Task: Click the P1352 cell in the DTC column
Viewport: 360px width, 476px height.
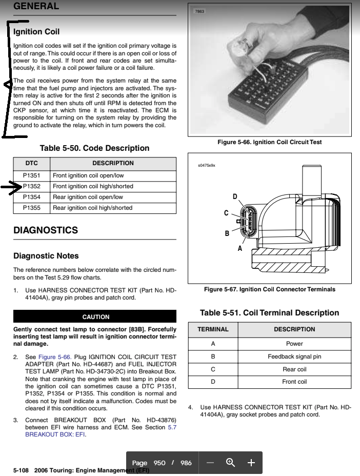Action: [x=31, y=186]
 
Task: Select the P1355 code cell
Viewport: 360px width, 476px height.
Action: [x=31, y=208]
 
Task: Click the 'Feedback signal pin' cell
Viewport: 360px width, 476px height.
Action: [x=294, y=356]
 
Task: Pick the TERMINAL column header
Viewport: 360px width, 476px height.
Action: [x=213, y=329]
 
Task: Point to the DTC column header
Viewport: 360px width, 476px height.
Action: [x=31, y=163]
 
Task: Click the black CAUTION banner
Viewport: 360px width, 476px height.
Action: [x=95, y=317]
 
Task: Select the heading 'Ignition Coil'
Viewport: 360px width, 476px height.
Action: [x=36, y=32]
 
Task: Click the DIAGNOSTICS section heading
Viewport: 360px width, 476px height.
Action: [x=46, y=230]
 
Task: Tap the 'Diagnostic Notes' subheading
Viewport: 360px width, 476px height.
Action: [x=46, y=255]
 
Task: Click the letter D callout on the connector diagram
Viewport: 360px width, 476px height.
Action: [x=235, y=196]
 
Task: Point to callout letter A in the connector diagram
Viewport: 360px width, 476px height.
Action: [x=239, y=248]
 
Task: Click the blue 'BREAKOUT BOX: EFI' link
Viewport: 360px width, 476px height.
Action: [x=55, y=434]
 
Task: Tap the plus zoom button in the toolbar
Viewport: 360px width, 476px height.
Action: [x=251, y=463]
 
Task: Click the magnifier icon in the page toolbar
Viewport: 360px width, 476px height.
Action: [x=230, y=463]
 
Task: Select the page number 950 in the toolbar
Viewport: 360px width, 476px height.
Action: [x=159, y=463]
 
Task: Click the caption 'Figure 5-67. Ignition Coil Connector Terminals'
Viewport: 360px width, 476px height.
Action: [x=269, y=289]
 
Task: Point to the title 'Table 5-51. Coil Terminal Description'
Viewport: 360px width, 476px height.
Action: [x=269, y=313]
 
